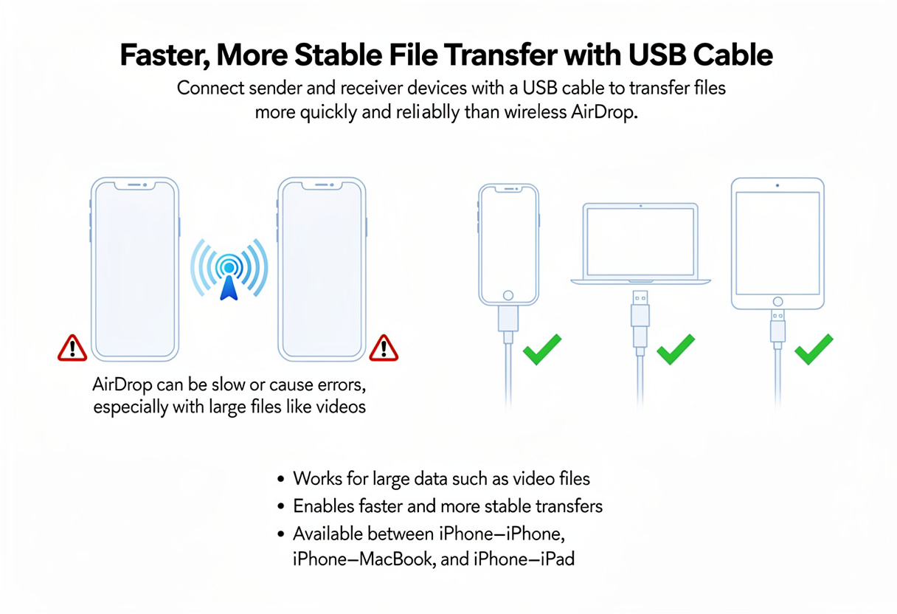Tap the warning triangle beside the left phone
[72, 348]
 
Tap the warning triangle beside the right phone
[384, 348]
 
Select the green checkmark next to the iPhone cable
[542, 349]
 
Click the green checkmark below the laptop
[676, 349]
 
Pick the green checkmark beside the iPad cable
[814, 349]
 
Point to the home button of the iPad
[777, 301]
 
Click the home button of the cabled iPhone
[508, 296]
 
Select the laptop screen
[640, 241]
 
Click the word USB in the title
[657, 55]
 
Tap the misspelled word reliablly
[428, 112]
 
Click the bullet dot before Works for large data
[281, 479]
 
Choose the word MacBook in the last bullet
[396, 559]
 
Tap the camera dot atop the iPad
[777, 185]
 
